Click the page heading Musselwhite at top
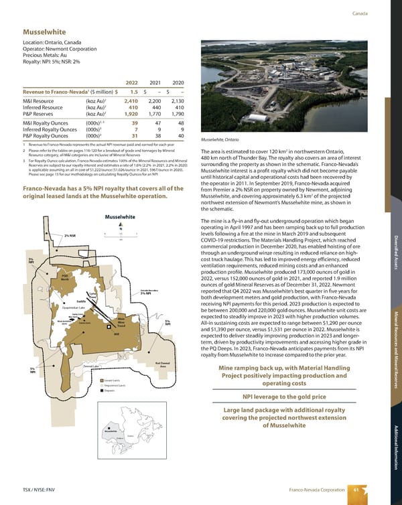click(46, 31)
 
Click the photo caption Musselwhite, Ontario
click(220, 139)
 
